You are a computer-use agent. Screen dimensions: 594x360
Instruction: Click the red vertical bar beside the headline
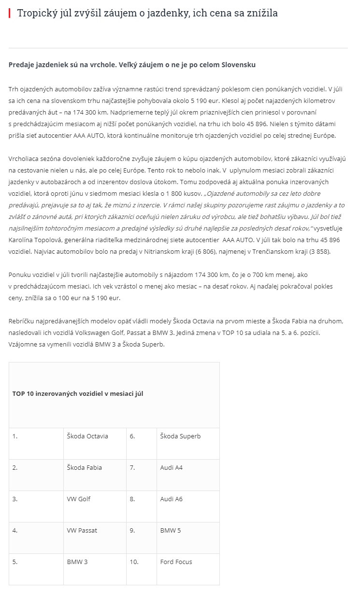click(x=9, y=13)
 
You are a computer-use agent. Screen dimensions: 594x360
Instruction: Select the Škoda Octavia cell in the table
click(x=87, y=436)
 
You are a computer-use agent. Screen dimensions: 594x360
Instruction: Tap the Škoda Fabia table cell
click(x=84, y=468)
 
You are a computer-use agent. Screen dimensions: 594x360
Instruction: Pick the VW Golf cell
click(x=78, y=499)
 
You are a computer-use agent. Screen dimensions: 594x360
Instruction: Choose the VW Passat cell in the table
click(x=82, y=531)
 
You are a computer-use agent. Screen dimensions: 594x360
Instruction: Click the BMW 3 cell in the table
click(x=77, y=562)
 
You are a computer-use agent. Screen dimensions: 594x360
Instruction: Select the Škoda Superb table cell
click(x=180, y=436)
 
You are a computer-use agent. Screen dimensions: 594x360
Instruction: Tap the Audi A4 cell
click(x=171, y=468)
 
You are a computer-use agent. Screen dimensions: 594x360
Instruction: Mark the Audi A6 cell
click(x=171, y=499)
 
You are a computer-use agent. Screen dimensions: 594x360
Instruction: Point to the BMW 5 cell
click(x=170, y=531)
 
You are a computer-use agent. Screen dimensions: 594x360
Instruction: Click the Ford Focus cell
click(x=176, y=562)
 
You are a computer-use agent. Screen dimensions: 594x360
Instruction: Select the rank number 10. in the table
click(x=134, y=562)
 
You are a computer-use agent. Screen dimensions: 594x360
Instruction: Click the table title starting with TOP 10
click(x=78, y=394)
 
